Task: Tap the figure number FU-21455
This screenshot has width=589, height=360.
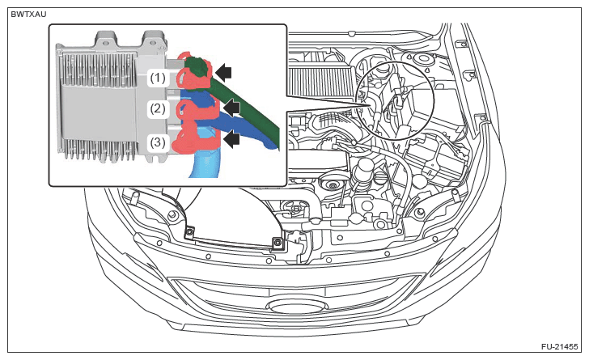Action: click(x=558, y=345)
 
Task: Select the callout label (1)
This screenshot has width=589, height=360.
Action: click(x=158, y=78)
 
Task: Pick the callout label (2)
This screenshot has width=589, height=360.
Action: click(x=158, y=108)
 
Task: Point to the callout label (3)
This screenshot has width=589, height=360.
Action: click(x=158, y=142)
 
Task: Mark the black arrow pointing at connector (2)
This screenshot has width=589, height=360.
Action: click(x=233, y=106)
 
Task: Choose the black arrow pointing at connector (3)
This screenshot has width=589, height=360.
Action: click(x=233, y=140)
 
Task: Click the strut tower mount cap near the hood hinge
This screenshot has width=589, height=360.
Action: click(x=422, y=59)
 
